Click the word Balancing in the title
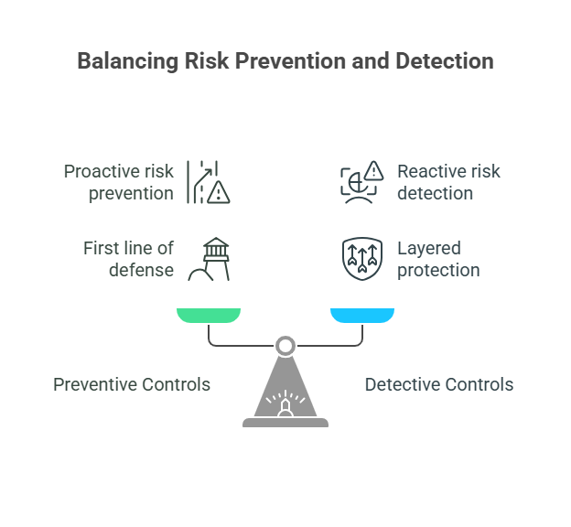[128, 61]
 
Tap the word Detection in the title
[445, 60]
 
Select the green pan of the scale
[209, 316]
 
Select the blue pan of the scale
[362, 316]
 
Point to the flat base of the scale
[285, 423]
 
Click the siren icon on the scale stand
[285, 403]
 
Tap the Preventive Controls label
[132, 384]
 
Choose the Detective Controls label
[439, 384]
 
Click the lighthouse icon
[209, 259]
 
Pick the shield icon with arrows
[362, 259]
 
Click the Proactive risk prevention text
[119, 182]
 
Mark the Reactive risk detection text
[448, 182]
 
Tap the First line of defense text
[128, 259]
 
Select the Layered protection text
[438, 259]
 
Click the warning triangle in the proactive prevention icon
[219, 192]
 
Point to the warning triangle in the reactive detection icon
[373, 170]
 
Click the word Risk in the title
[207, 60]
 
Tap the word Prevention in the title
[290, 60]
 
